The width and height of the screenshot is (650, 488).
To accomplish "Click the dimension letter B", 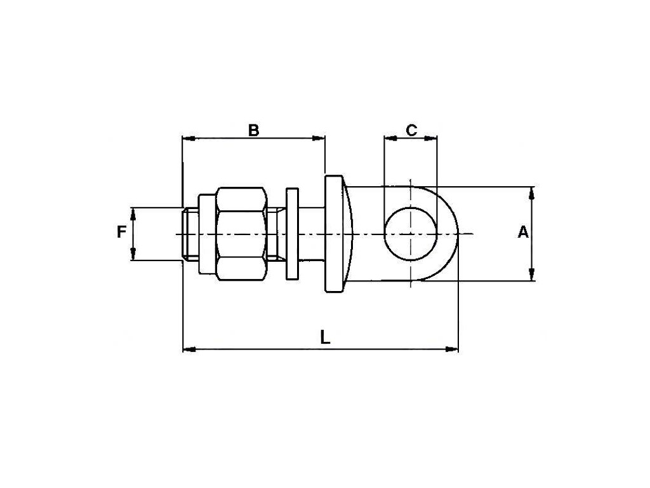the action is click(x=253, y=130).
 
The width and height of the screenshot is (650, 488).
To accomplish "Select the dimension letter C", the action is click(x=411, y=130).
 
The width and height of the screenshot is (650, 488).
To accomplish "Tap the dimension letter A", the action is click(x=522, y=233).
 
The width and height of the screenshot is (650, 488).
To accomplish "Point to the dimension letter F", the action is click(x=121, y=233).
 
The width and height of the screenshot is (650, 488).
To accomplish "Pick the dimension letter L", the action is click(x=325, y=337).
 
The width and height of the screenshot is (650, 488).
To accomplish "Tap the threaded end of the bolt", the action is click(x=190, y=233).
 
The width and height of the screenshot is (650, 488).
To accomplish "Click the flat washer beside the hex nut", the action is click(x=292, y=233).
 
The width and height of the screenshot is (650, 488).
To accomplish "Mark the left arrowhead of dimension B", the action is click(x=186, y=137).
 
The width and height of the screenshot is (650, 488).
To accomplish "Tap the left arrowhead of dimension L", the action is click(x=187, y=348).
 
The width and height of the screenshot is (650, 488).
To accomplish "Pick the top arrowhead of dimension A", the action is click(x=533, y=191).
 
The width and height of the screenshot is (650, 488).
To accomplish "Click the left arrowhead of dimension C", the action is click(x=387, y=137).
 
